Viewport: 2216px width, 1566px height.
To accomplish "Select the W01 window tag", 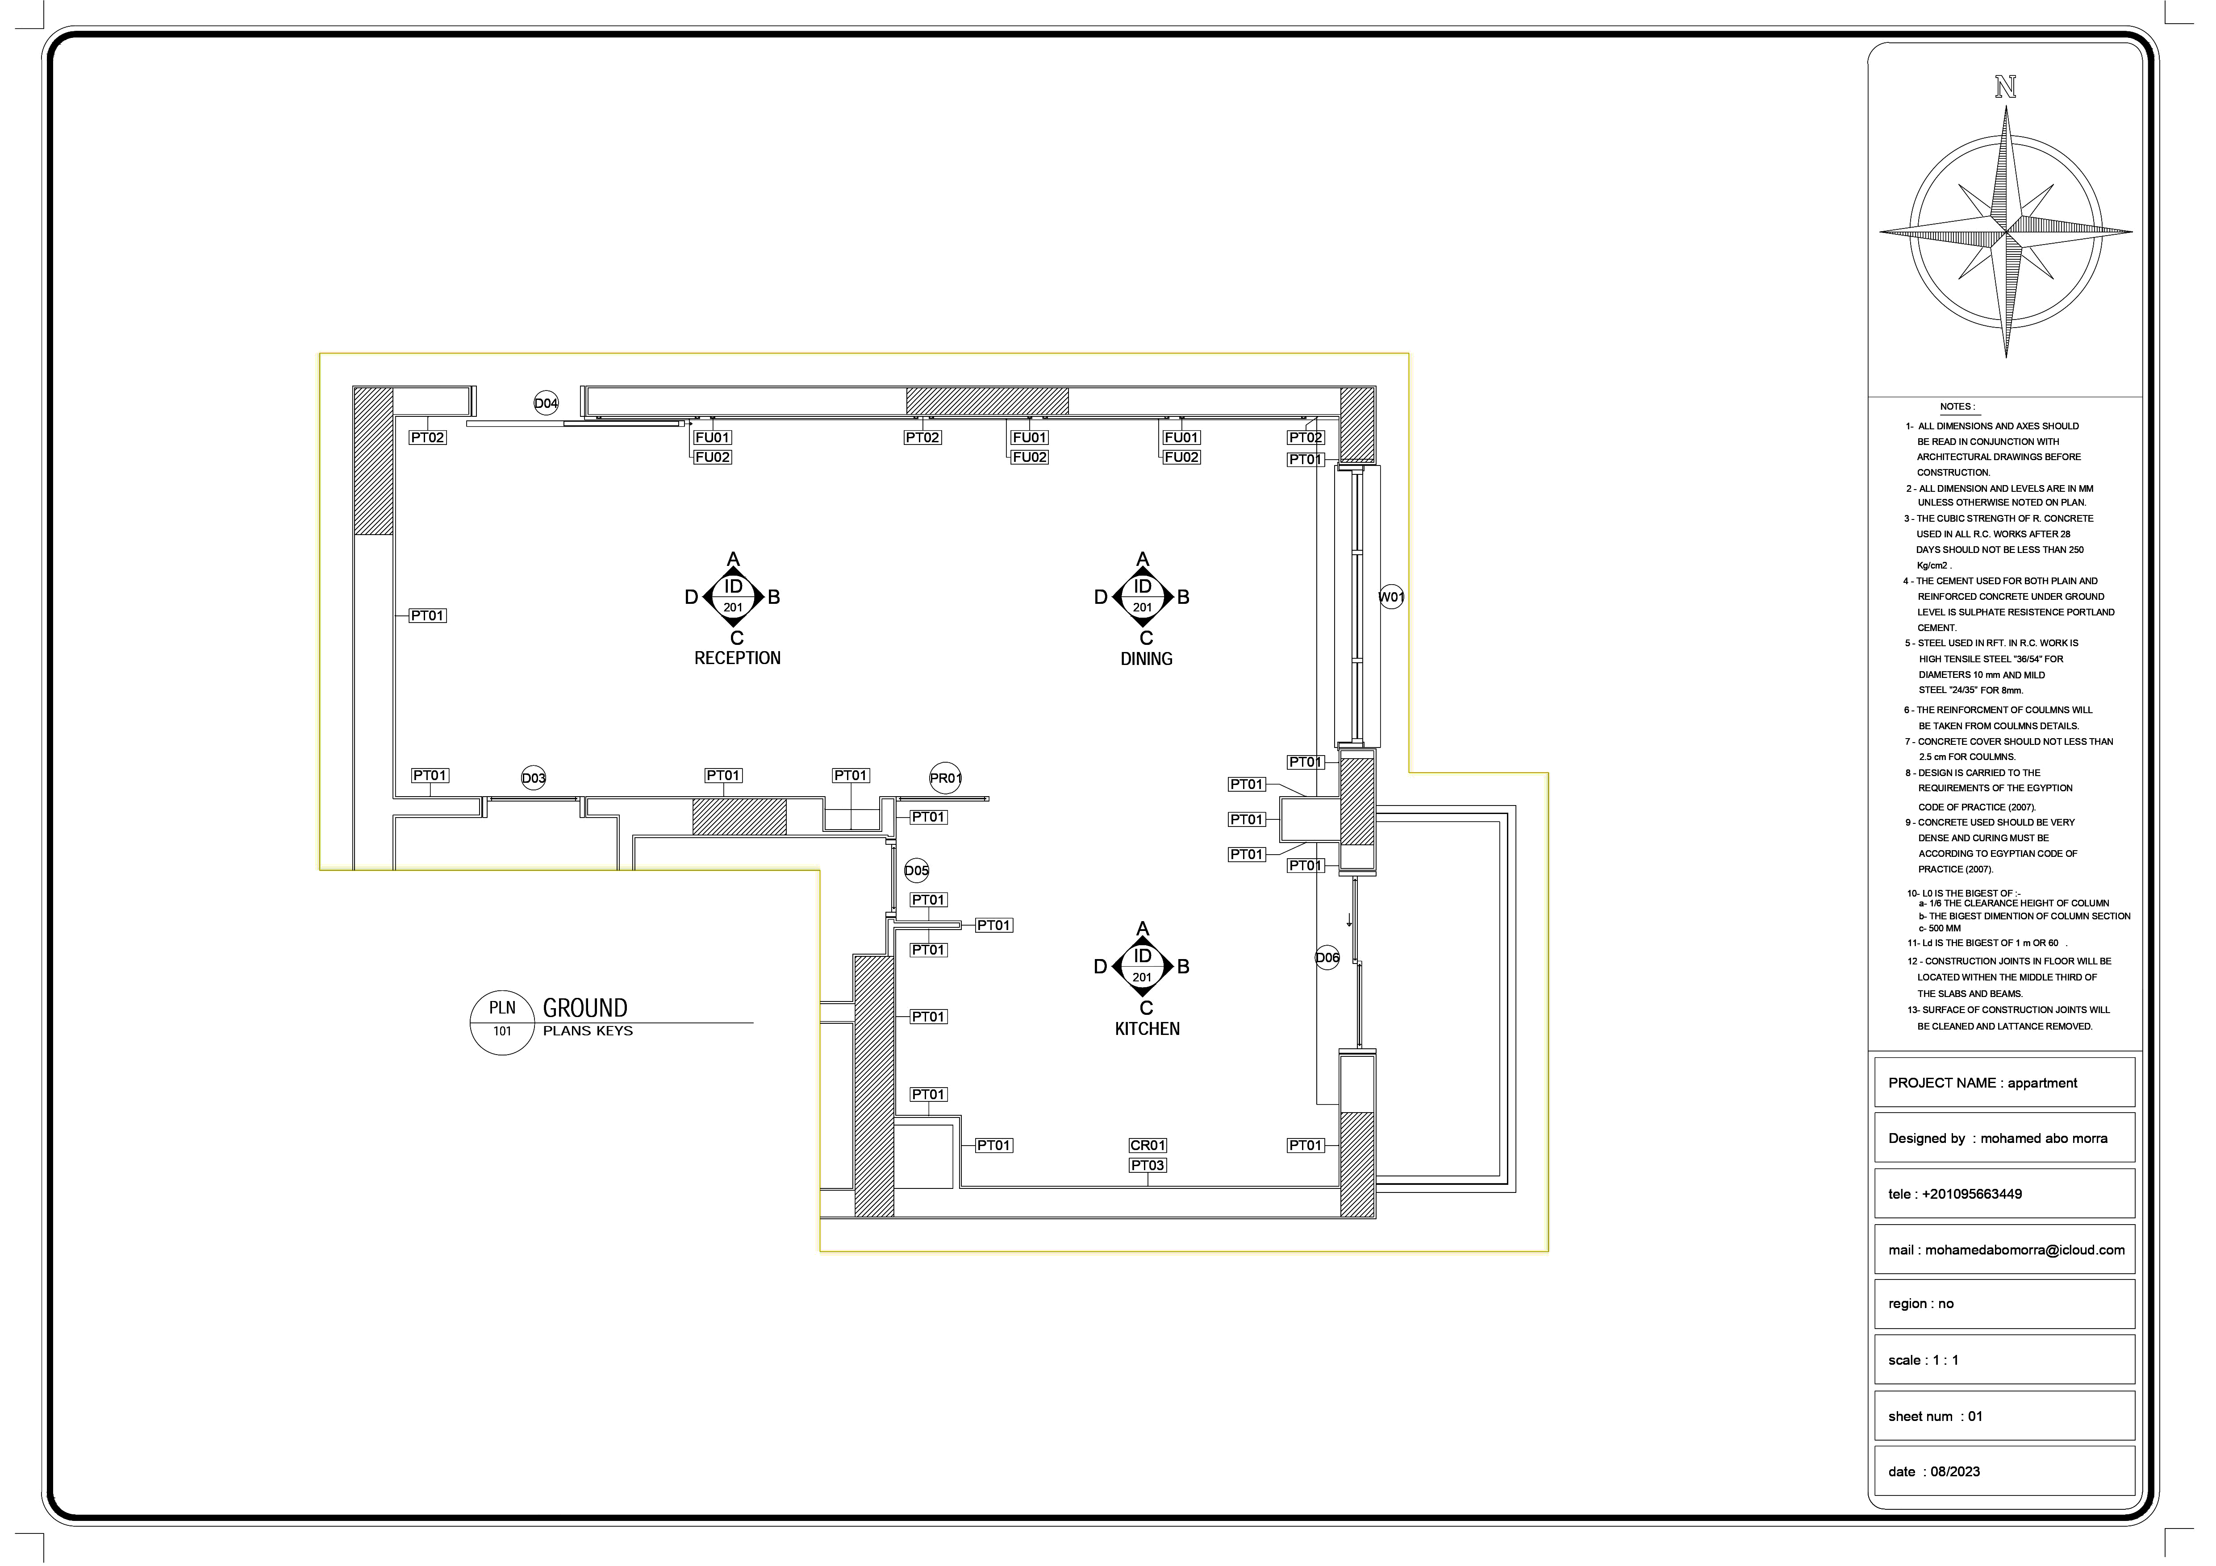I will point(1391,597).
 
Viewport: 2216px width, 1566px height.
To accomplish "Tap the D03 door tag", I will point(534,778).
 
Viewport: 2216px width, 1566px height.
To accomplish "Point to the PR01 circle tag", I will point(945,778).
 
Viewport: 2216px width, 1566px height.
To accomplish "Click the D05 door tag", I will point(916,871).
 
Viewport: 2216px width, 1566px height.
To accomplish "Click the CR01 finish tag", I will point(1148,1145).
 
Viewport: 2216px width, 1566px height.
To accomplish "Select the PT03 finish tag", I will point(1148,1166).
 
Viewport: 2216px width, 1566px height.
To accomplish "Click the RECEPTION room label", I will point(737,658).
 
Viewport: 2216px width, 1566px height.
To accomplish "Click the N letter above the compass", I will point(2006,88).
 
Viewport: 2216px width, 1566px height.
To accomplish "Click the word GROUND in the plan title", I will point(585,1008).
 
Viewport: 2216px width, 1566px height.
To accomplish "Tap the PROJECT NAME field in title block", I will point(2003,1083).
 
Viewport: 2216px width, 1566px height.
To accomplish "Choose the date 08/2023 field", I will point(2003,1471).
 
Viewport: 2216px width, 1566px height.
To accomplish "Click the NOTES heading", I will point(1957,406).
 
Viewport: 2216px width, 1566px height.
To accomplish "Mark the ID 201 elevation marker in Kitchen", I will point(1143,966).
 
